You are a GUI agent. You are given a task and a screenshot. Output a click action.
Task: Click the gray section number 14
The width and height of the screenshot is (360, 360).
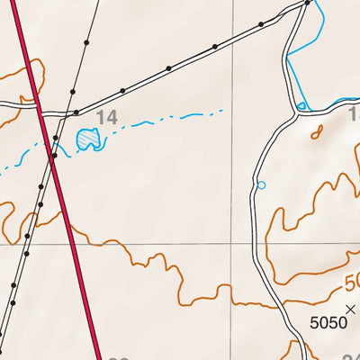click(107, 117)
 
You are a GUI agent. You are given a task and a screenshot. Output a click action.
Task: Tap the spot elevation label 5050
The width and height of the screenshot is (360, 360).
click(328, 321)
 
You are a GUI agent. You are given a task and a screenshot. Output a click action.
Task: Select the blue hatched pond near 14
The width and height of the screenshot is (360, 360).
click(87, 139)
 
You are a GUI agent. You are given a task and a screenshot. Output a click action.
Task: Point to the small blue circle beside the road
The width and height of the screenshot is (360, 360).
click(262, 185)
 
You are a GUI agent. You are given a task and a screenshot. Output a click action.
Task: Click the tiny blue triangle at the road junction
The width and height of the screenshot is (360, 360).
click(302, 107)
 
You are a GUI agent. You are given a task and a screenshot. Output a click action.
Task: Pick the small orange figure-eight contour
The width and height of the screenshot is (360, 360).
click(316, 132)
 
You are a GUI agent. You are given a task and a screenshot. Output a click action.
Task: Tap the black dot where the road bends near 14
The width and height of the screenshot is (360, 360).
click(76, 112)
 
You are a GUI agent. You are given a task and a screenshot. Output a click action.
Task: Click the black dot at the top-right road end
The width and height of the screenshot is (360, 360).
click(308, 3)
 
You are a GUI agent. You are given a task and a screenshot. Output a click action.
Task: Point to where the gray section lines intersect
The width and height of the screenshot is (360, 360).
click(233, 243)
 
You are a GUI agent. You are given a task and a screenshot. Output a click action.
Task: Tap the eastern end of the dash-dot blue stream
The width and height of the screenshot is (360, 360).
click(221, 112)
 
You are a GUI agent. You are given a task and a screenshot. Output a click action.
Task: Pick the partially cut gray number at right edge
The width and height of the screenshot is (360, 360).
click(354, 114)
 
